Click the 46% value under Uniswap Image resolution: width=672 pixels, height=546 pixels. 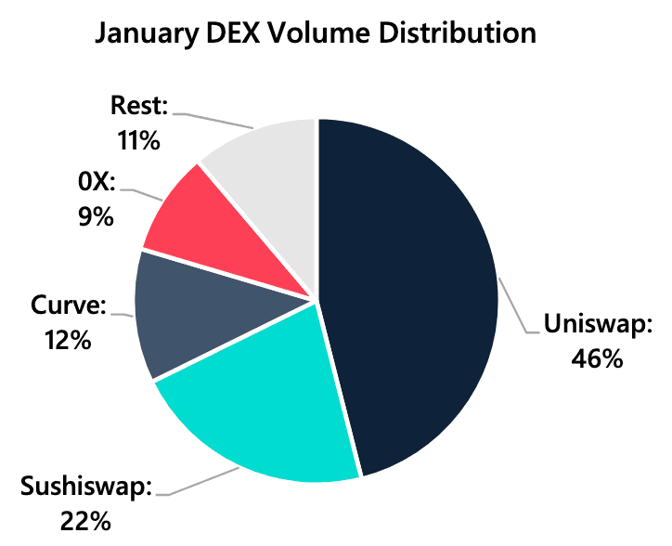click(596, 357)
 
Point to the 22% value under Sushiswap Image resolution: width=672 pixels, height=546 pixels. click(85, 519)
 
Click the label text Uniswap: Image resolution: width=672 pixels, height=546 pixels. click(599, 325)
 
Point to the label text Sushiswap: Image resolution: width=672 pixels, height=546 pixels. click(86, 487)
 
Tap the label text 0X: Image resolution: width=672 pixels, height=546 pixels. click(95, 183)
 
